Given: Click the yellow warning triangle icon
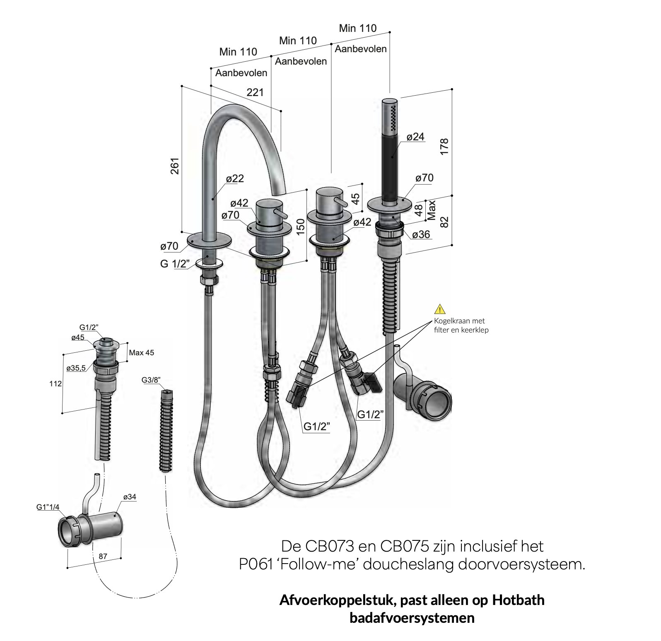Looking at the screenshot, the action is coord(439,309).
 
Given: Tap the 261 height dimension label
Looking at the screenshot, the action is coord(176,166).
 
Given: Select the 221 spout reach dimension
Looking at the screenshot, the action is coord(255,92).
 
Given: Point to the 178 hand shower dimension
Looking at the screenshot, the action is coord(444,147).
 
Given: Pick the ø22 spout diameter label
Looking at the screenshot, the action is coord(235,179).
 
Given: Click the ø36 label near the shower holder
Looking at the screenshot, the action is coord(421,234).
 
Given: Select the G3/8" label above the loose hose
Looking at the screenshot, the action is coord(151,380).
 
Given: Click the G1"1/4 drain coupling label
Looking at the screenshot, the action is coord(48,506).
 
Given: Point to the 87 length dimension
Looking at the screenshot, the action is coord(103,557).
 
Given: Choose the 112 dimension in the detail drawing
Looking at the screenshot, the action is coord(55,384).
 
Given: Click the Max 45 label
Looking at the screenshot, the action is coord(142,353).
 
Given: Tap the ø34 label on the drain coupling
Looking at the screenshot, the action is coord(130,497).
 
